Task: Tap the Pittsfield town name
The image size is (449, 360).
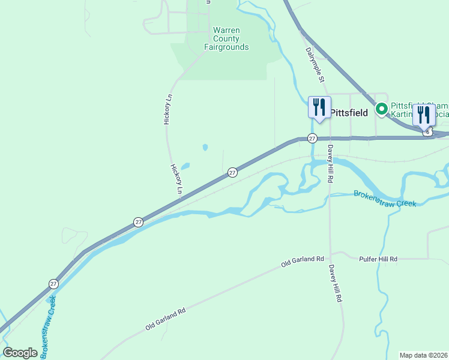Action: pyautogui.click(x=349, y=113)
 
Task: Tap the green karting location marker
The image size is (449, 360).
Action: pyautogui.click(x=381, y=109)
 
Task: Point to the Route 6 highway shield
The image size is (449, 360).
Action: pyautogui.click(x=427, y=131)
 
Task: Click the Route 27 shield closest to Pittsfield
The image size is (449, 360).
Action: pyautogui.click(x=312, y=138)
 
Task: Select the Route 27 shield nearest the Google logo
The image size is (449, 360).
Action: pyautogui.click(x=53, y=283)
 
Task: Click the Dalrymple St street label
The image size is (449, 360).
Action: pyautogui.click(x=315, y=65)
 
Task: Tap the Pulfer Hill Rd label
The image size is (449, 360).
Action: pyautogui.click(x=378, y=259)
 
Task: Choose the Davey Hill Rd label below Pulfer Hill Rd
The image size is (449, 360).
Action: pyautogui.click(x=335, y=284)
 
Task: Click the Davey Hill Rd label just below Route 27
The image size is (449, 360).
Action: pyautogui.click(x=330, y=163)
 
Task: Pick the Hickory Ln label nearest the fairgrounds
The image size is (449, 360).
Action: pyautogui.click(x=168, y=109)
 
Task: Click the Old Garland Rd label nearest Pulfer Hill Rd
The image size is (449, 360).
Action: pyautogui.click(x=303, y=262)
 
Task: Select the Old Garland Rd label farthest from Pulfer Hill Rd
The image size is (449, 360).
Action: pyautogui.click(x=166, y=319)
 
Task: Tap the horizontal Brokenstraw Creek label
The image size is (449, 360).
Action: pyautogui.click(x=385, y=199)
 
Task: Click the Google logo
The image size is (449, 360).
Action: pyautogui.click(x=20, y=353)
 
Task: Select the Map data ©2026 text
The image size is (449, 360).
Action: pyautogui.click(x=424, y=355)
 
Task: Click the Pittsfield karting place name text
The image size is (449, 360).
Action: pyautogui.click(x=419, y=109)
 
